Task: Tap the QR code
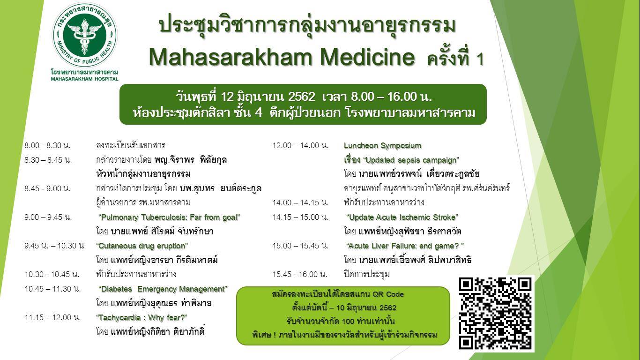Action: tap(496, 313)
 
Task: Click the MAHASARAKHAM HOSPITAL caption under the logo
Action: tap(85, 79)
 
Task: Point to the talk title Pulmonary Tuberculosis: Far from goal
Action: tap(169, 217)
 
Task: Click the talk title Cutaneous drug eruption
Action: tap(142, 246)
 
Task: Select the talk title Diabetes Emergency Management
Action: tap(163, 289)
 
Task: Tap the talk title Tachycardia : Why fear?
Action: tap(141, 318)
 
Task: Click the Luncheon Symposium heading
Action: tap(383, 145)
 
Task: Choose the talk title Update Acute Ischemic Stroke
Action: tap(402, 217)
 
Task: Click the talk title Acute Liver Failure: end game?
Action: tap(405, 246)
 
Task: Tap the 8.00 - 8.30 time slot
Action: tap(47, 145)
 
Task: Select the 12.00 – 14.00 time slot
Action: tap(301, 145)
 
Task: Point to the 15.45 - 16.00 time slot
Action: tap(300, 275)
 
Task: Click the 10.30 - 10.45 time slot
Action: tap(52, 275)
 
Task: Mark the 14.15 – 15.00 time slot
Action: tap(301, 217)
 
